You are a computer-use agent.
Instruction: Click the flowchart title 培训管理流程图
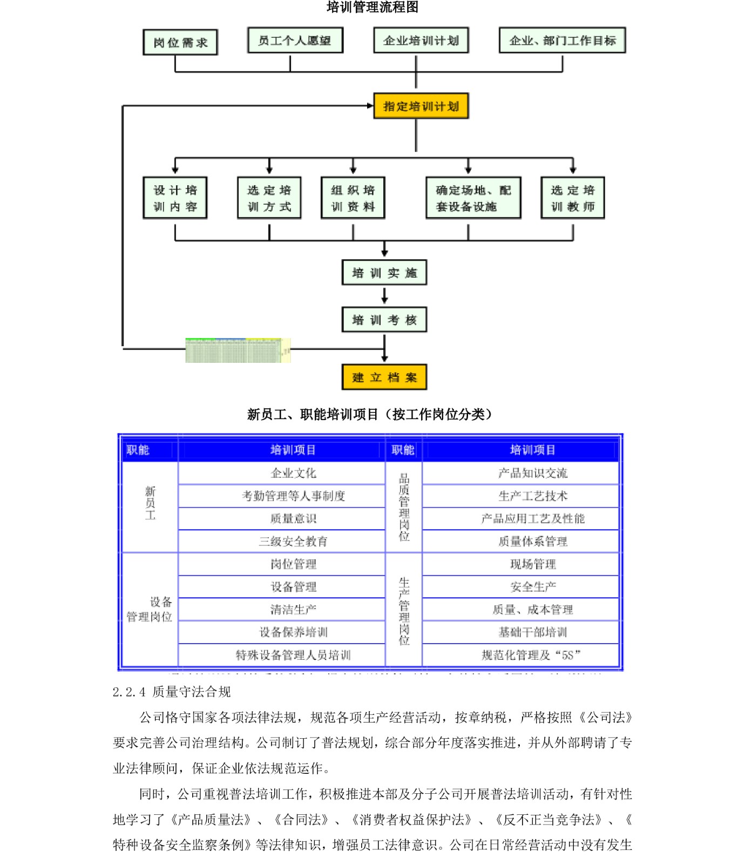(x=372, y=7)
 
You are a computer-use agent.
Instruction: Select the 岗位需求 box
(x=180, y=42)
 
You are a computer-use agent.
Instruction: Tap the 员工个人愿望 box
(x=295, y=40)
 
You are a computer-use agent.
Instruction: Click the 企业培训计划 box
(x=421, y=40)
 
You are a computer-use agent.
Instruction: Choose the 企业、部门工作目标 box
(x=562, y=40)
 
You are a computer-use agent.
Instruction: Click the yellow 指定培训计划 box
(x=421, y=106)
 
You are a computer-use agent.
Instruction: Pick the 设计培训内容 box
(x=175, y=198)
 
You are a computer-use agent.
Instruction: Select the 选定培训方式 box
(x=269, y=198)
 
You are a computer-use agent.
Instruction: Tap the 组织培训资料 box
(x=353, y=198)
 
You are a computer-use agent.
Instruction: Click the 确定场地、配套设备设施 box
(x=473, y=198)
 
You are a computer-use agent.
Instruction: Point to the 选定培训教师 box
(x=573, y=198)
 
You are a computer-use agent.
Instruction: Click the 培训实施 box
(x=384, y=273)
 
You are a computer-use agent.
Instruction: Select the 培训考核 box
(x=384, y=320)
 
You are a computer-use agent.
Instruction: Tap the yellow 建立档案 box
(x=384, y=377)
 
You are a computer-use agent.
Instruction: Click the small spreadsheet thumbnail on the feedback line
(x=238, y=350)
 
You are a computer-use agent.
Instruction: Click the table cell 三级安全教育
(x=293, y=541)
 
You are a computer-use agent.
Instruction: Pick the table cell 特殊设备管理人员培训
(x=293, y=655)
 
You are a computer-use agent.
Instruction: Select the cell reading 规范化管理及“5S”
(x=532, y=655)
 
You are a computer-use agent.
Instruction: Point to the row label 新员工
(x=150, y=503)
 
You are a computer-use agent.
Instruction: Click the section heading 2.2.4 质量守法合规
(x=172, y=692)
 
